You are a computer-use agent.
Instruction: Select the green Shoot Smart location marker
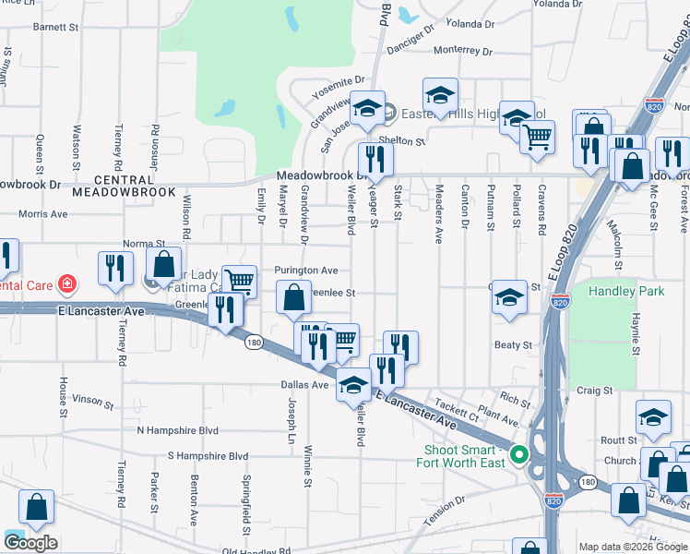(x=519, y=454)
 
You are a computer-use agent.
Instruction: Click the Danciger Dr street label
(x=422, y=36)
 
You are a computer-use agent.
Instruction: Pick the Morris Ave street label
(x=43, y=213)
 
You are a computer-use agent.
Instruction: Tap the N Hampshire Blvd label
(x=177, y=430)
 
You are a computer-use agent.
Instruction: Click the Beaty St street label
(x=514, y=344)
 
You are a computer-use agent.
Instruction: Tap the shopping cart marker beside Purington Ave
(x=239, y=281)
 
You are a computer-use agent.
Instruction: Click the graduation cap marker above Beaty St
(x=508, y=297)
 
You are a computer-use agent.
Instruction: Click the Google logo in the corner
(x=30, y=542)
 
